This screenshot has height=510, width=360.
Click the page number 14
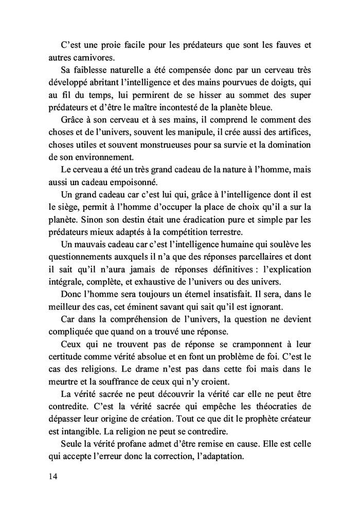pyautogui.click(x=52, y=477)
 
